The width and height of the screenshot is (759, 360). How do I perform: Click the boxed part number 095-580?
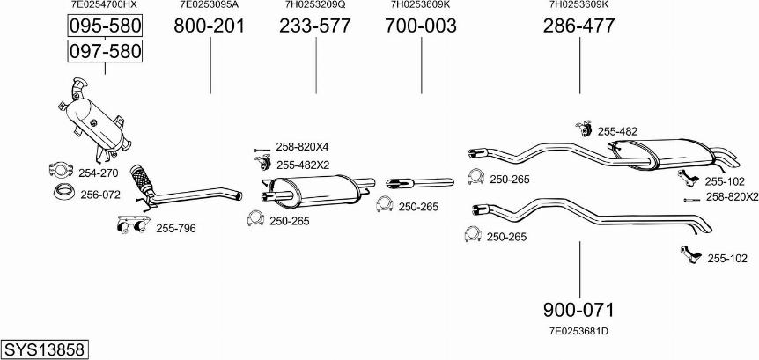105,26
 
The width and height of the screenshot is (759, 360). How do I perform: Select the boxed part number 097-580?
105,51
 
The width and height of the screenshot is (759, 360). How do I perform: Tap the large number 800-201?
210,26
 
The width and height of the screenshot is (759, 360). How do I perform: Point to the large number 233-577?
314,26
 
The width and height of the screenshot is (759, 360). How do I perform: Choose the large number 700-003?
421,26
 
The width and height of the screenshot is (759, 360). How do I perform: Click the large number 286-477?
578,26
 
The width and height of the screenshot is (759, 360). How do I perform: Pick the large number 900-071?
578,310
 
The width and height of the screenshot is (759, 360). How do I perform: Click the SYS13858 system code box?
45,349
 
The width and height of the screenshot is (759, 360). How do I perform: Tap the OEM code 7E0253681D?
578,332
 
